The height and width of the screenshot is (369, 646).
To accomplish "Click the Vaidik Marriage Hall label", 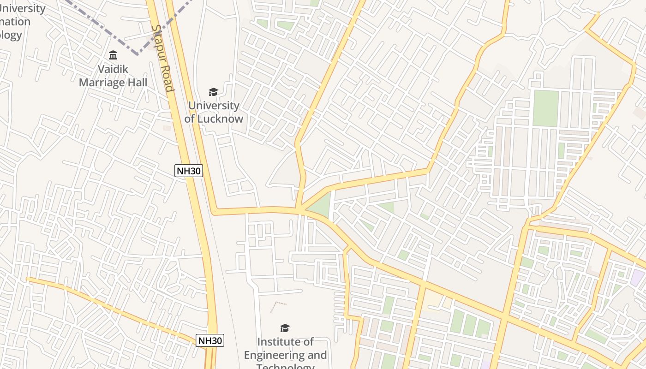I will [x=113, y=76].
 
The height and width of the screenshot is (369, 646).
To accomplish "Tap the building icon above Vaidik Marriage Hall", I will [x=113, y=56].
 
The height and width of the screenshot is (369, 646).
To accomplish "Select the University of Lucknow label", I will [x=214, y=112].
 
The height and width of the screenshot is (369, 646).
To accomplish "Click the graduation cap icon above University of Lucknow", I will [x=213, y=92].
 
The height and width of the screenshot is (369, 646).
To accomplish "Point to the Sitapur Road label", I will [x=163, y=58].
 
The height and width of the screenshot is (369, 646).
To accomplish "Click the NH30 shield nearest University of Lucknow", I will [x=189, y=171].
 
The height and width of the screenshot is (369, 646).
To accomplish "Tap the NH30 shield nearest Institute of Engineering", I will [x=210, y=341].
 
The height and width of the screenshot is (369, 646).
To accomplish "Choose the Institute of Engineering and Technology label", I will [x=285, y=355].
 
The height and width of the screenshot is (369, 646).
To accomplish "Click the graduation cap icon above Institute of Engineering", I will [x=285, y=328].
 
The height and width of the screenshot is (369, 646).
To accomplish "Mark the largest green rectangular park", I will [x=546, y=108].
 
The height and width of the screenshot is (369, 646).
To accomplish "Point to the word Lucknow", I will [x=220, y=119].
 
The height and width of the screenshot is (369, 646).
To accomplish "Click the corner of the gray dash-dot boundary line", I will [x=138, y=54].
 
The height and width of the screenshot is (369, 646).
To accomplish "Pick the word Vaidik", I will [x=113, y=69].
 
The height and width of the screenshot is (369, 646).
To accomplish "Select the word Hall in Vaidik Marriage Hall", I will [x=137, y=83].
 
